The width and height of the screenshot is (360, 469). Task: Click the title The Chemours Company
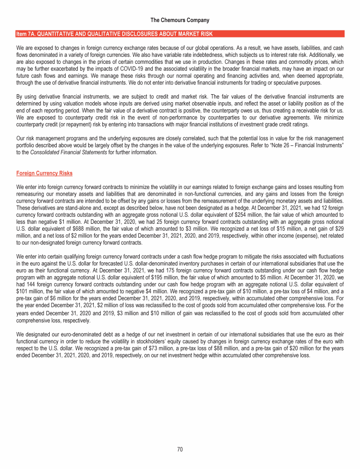coord(180,20)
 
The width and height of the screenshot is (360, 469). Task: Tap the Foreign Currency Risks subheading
coord(44,173)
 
